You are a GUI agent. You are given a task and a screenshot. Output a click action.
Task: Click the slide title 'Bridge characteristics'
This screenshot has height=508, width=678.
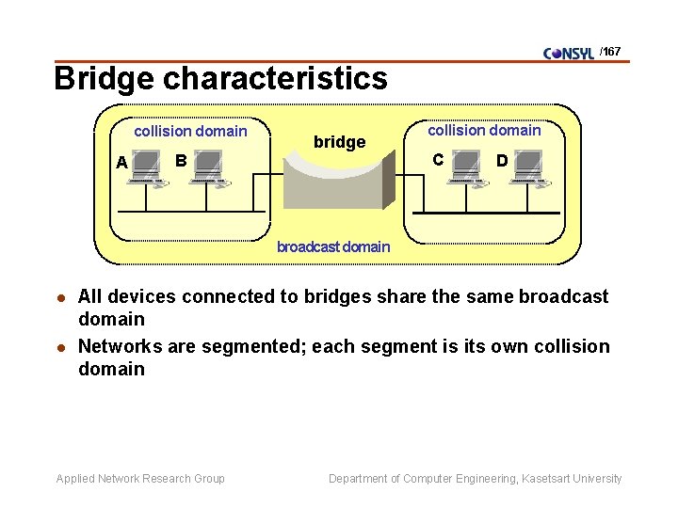pyautogui.click(x=220, y=78)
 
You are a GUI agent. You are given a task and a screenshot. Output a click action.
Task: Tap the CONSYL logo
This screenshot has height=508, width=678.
pyautogui.click(x=569, y=53)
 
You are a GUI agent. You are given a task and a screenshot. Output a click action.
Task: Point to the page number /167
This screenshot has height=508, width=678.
pyautogui.click(x=610, y=52)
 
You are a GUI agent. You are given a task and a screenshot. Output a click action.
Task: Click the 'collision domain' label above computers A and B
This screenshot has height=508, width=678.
pyautogui.click(x=190, y=132)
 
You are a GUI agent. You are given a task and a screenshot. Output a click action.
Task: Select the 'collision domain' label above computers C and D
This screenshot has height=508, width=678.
pyautogui.click(x=484, y=131)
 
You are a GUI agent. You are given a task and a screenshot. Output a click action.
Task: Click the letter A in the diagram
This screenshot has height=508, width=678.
pyautogui.click(x=121, y=163)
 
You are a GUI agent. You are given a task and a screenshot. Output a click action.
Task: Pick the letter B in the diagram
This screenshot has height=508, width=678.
pyautogui.click(x=180, y=160)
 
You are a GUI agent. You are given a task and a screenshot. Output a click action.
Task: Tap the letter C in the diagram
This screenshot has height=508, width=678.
pyautogui.click(x=438, y=159)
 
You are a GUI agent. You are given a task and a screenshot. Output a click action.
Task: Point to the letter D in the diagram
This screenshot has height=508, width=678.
pyautogui.click(x=502, y=161)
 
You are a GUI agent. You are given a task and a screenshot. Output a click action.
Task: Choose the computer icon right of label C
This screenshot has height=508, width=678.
pyautogui.click(x=465, y=167)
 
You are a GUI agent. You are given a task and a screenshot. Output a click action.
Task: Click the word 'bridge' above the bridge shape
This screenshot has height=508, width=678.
pyautogui.click(x=339, y=142)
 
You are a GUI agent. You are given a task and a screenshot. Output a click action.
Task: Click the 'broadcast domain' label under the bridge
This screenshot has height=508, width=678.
pyautogui.click(x=333, y=247)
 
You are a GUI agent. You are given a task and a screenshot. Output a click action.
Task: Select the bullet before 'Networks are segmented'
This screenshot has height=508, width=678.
pyautogui.click(x=62, y=347)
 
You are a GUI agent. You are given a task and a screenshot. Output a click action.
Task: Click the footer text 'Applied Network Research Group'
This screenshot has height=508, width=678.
pyautogui.click(x=140, y=479)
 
